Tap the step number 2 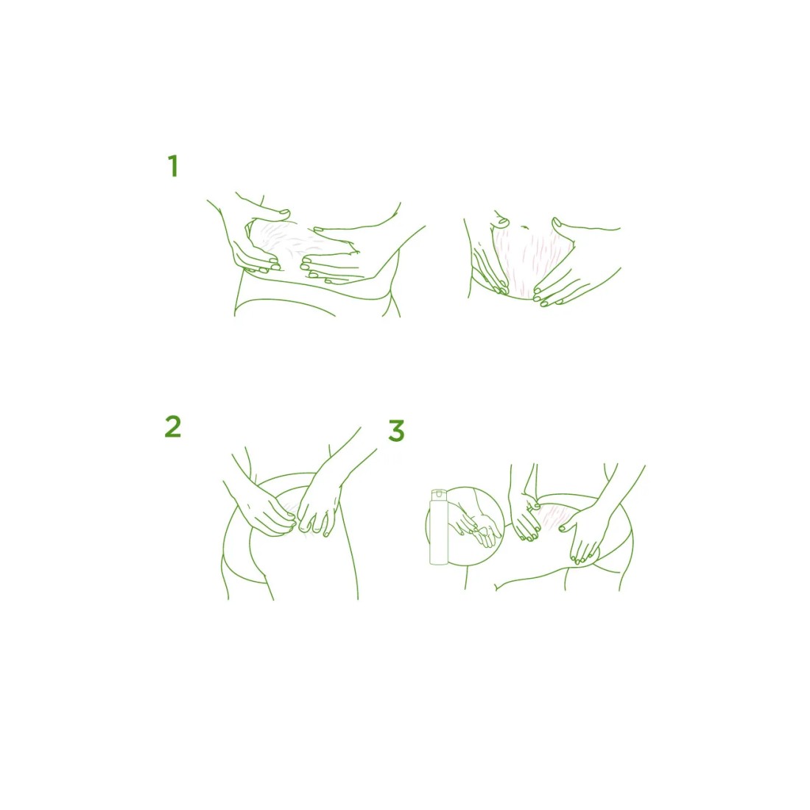[x=173, y=426]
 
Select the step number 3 [x=396, y=431]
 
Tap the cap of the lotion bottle [x=439, y=495]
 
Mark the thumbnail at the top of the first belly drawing [x=283, y=212]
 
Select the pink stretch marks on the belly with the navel [x=532, y=258]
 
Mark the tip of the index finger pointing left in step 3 [x=562, y=528]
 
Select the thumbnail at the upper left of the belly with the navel [x=503, y=222]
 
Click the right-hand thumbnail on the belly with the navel [x=557, y=223]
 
